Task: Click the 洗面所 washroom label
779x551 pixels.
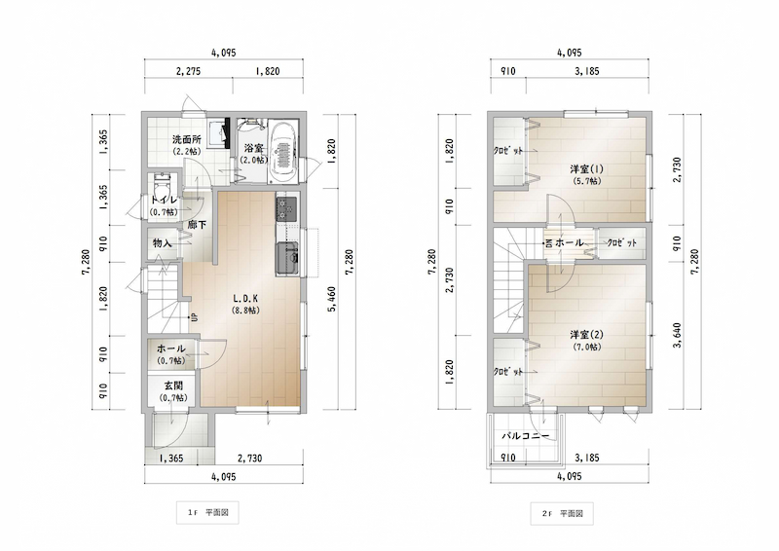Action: click(x=187, y=139)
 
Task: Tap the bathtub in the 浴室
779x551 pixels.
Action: click(x=283, y=153)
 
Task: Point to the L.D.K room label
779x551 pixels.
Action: click(x=245, y=299)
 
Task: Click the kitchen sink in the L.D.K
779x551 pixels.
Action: click(x=287, y=258)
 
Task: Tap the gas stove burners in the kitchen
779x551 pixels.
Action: click(x=286, y=208)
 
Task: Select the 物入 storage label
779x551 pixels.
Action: click(x=162, y=243)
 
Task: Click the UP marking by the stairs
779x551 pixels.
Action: click(x=194, y=317)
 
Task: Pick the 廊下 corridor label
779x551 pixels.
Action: click(x=197, y=225)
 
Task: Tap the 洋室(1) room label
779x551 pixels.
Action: click(x=586, y=169)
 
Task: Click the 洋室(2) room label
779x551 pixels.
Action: click(x=586, y=335)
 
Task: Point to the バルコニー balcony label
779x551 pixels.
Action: click(x=526, y=436)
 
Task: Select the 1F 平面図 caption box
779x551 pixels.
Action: click(x=207, y=512)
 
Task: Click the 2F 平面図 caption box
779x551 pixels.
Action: click(x=562, y=513)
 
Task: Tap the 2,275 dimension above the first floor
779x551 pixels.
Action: click(x=188, y=71)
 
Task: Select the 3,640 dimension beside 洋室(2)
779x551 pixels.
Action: click(x=677, y=335)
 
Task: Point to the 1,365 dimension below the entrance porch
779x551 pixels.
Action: click(x=171, y=459)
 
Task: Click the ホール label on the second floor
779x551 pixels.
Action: click(x=569, y=243)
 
